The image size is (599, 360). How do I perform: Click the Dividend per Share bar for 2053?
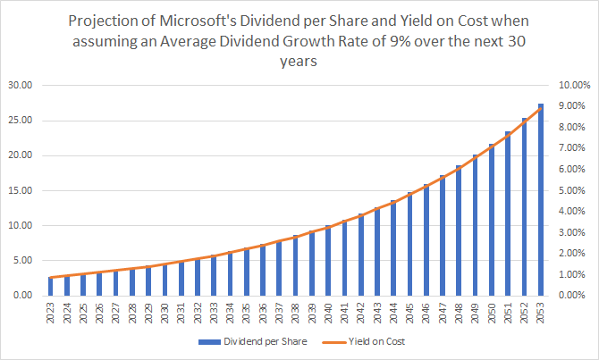pos(541,200)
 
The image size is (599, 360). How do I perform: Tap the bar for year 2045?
pos(409,244)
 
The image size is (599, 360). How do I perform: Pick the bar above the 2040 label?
pos(328,260)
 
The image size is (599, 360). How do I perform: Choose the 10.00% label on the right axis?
pos(572,86)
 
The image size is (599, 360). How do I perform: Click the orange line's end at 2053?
pos(541,108)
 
